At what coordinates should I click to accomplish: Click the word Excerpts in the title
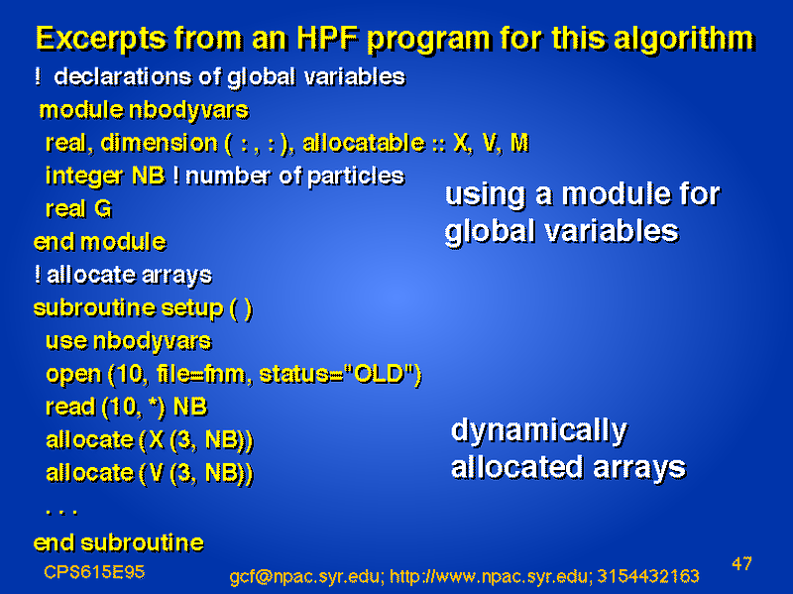(101, 39)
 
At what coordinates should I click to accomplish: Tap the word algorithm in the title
(684, 40)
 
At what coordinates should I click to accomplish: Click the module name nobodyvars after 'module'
(189, 111)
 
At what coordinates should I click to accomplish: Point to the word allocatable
(364, 143)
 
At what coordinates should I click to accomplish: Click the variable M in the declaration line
(519, 143)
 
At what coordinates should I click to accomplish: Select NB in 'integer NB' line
(148, 177)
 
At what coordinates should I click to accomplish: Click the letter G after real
(103, 209)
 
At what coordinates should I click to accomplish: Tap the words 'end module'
(100, 242)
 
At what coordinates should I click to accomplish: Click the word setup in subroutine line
(191, 308)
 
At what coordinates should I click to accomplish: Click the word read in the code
(70, 407)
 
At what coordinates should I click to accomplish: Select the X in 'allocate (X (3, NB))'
(157, 440)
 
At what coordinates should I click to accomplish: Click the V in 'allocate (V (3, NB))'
(157, 474)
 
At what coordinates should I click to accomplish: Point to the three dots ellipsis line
(61, 512)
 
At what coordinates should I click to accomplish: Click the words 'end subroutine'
(118, 542)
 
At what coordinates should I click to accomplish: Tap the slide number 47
(741, 563)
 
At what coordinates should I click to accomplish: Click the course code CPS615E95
(94, 572)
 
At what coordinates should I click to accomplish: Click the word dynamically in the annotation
(539, 431)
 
